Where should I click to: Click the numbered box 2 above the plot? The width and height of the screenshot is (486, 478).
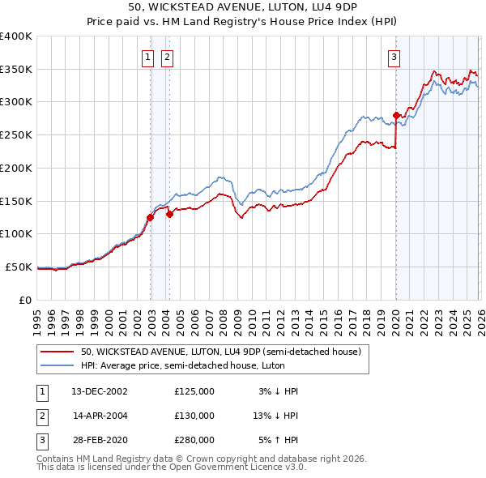pyautogui.click(x=166, y=57)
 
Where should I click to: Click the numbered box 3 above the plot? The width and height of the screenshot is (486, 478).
pyautogui.click(x=394, y=57)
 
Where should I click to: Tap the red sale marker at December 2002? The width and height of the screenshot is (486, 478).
pyautogui.click(x=150, y=217)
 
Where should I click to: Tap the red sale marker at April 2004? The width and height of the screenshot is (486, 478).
pyautogui.click(x=169, y=214)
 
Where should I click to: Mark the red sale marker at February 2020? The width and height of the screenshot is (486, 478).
pyautogui.click(x=396, y=115)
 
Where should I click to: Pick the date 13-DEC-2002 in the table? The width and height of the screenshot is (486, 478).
pyautogui.click(x=100, y=391)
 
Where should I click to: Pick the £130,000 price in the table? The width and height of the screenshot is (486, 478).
pyautogui.click(x=194, y=416)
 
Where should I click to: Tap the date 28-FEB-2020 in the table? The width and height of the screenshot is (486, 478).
pyautogui.click(x=100, y=440)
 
